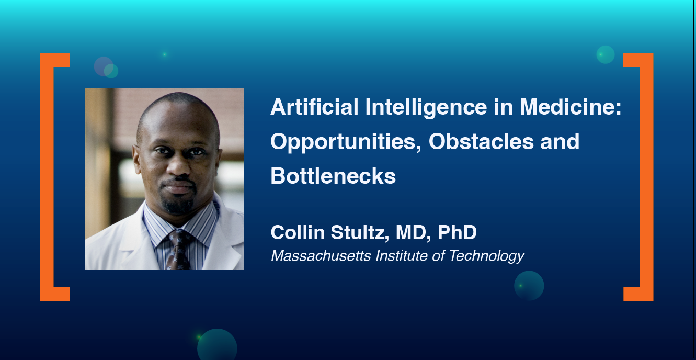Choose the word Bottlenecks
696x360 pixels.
333,176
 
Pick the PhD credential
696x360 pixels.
457,233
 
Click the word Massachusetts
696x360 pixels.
321,256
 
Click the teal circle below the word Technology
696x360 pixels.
529,286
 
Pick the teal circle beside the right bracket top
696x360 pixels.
606,54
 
